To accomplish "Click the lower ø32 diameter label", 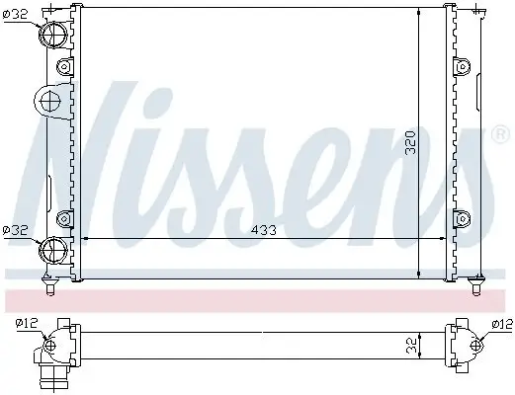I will pos(17,229).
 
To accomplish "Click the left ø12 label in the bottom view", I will pos(26,324).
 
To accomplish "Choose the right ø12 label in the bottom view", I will pos(501,324).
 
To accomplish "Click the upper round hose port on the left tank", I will pos(52,33).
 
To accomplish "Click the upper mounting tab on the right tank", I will pos(460,67).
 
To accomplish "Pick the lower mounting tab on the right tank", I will pos(460,218).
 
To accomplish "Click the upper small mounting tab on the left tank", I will pos(65,67).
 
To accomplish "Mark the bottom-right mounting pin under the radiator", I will pos(476,285).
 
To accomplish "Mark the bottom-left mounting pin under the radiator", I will pos(49,286).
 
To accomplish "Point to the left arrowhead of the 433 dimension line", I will pos(83,239).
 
